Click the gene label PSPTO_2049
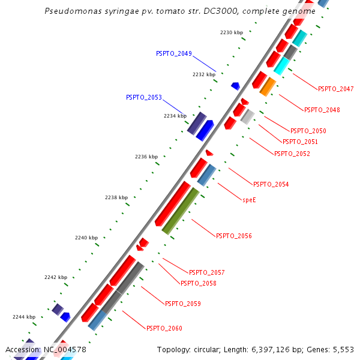pos(173,53)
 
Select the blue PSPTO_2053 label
pos(143,97)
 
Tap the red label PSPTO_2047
pos(335,89)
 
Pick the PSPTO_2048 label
pos(322,110)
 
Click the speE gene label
pos(249,199)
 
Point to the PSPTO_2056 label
pos(233,236)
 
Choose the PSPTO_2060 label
pos(164,328)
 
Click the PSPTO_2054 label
pos(271,184)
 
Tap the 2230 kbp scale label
pos(232,32)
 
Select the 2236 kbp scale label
pos(146,157)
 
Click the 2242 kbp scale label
pos(56,277)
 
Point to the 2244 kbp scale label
pos(24,317)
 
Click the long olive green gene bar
pos(181,211)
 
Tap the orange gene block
pos(268,86)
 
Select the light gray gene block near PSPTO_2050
pos(247,116)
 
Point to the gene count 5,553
pos(343,349)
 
